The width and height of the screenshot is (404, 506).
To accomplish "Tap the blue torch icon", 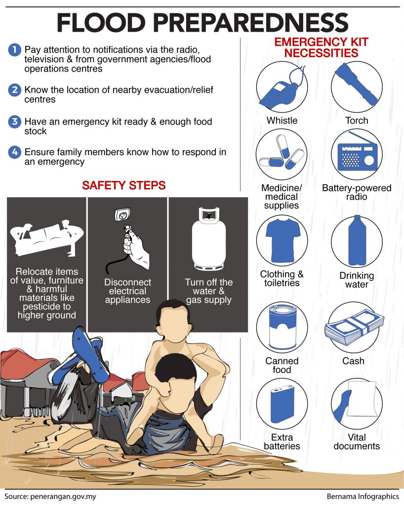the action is tap(356, 84).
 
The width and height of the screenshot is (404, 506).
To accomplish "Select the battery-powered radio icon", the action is tap(357, 153).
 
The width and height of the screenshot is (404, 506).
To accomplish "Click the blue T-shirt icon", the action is tap(282, 241).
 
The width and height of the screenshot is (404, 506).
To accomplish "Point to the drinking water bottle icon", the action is tap(357, 241).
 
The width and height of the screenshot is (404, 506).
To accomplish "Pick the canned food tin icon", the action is tap(283, 328).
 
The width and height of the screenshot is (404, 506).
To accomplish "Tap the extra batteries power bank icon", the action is tap(283, 403).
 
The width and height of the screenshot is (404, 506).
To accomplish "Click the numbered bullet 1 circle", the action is tap(14, 50).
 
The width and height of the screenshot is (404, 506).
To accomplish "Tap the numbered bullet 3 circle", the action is tap(14, 122).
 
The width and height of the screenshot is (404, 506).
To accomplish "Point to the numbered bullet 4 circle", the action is tap(14, 152).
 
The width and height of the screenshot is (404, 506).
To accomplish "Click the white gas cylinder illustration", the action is tap(208, 239).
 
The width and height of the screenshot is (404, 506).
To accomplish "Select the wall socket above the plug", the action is tap(123, 214).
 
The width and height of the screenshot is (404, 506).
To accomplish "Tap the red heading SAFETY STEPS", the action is tap(124, 186).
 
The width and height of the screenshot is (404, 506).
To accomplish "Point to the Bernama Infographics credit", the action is tap(363, 496).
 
